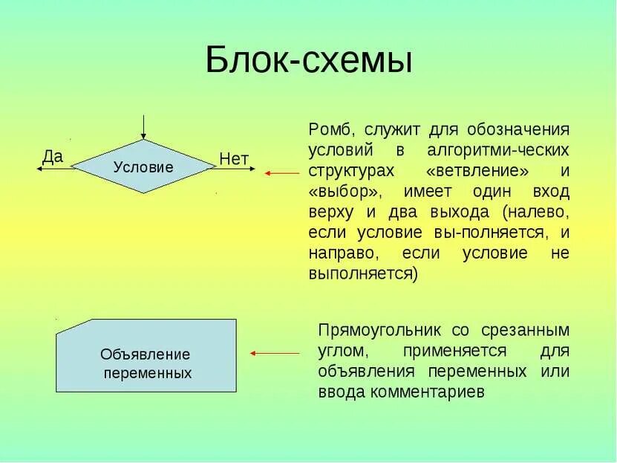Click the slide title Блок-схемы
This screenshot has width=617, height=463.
308,60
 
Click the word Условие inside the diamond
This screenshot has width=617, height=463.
143,167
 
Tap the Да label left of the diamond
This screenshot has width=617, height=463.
53,156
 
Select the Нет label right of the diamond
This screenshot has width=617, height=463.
234,158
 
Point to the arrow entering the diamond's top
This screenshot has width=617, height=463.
143,127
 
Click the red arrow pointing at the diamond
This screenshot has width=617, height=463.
281,173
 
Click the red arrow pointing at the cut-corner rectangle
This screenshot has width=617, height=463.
274,354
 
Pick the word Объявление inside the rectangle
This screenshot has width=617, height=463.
146,354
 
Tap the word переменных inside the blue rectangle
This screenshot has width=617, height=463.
147,373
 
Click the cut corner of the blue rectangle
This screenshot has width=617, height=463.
73,327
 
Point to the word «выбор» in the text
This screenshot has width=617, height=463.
345,192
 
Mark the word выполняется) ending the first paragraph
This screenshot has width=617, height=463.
363,273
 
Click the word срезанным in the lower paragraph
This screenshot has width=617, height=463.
530,330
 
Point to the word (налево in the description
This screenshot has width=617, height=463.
536,212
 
